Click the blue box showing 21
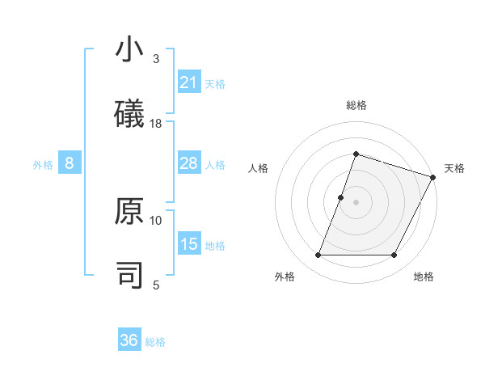coord(189,82)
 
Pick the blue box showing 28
coord(189,164)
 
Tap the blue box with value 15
coord(189,244)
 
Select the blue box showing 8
coord(70,164)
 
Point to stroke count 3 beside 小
coord(156,59)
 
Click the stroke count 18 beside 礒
coord(156,123)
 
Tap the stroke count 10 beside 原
coord(156,220)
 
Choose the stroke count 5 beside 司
coord(156,284)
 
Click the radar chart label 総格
coord(356,105)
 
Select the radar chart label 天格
coord(454,168)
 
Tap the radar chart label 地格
coord(424,277)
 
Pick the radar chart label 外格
coord(285,277)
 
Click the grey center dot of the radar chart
coord(356,202)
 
